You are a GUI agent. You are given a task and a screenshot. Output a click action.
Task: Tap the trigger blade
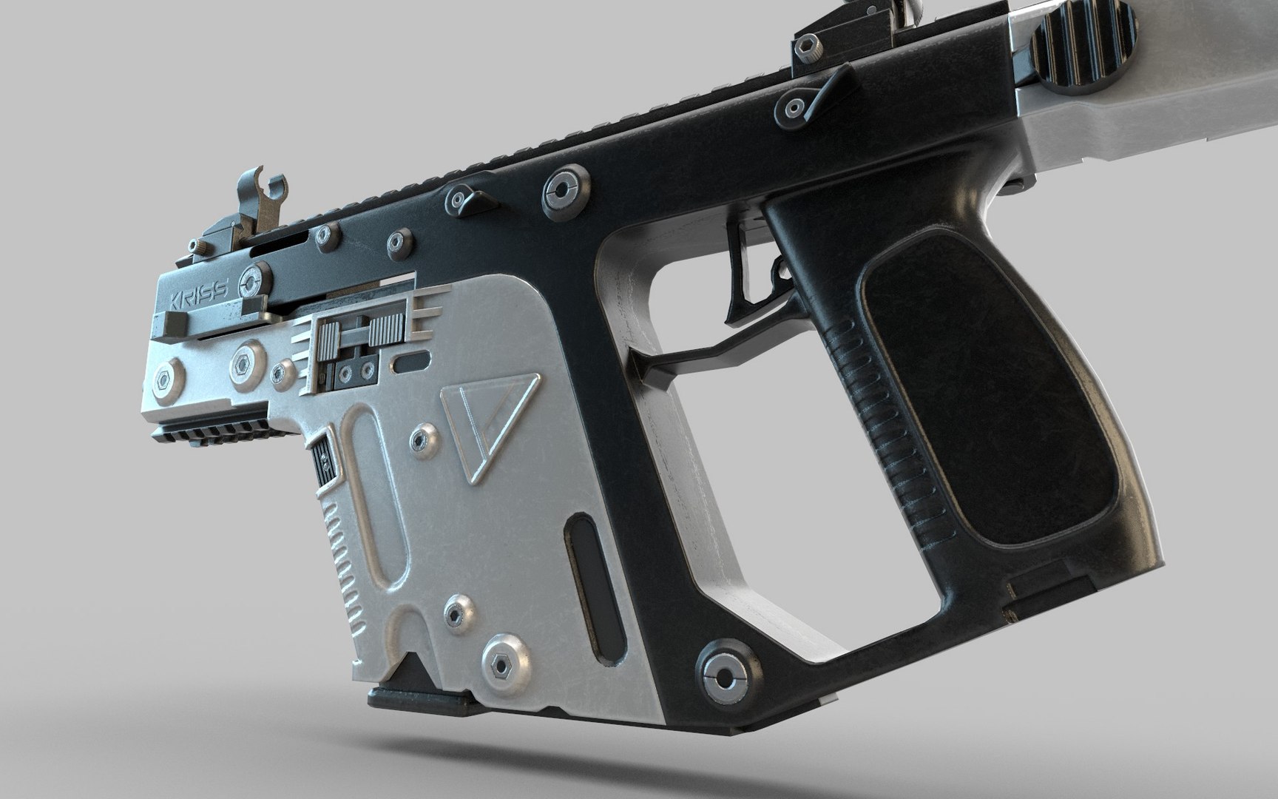[740, 274]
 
